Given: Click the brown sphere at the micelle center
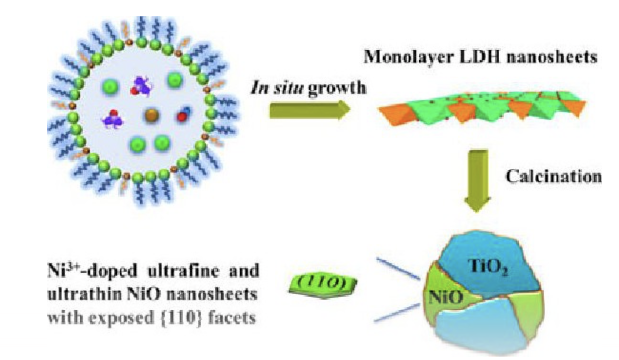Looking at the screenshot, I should (x=151, y=115).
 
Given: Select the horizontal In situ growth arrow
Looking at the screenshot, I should (x=309, y=110).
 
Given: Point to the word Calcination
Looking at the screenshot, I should (x=552, y=177).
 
